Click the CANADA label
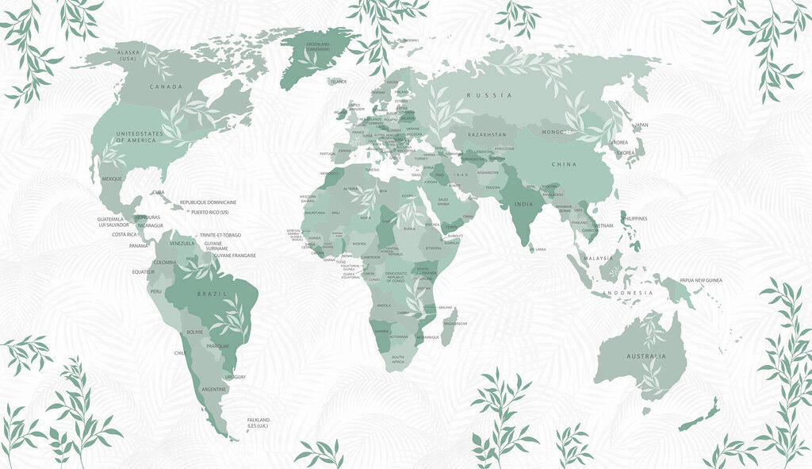(x=166, y=86)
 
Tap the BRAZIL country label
(x=213, y=294)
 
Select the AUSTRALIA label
(x=646, y=356)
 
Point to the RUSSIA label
(x=489, y=95)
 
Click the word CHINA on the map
(x=564, y=164)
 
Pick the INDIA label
(x=523, y=204)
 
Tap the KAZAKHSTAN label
(x=487, y=135)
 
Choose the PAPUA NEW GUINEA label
(x=700, y=280)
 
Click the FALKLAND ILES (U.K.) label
(x=259, y=422)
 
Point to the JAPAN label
(x=642, y=125)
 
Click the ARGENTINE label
(x=214, y=390)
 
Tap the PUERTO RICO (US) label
(x=209, y=212)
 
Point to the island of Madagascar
(x=448, y=327)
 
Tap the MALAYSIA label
(x=599, y=258)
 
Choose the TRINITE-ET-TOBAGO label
(x=220, y=235)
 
